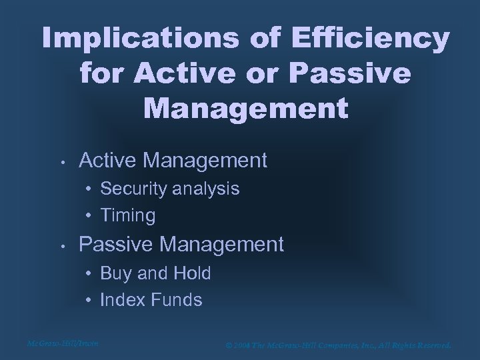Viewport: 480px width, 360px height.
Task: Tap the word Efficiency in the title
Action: click(388, 39)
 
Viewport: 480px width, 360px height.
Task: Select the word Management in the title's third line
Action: click(245, 108)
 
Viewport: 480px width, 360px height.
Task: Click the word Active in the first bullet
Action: click(109, 161)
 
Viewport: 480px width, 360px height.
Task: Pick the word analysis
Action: click(206, 189)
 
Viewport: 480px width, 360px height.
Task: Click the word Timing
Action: click(127, 216)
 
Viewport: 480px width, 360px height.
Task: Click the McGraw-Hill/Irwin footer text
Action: click(63, 344)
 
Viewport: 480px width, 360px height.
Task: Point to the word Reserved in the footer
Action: click(431, 345)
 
